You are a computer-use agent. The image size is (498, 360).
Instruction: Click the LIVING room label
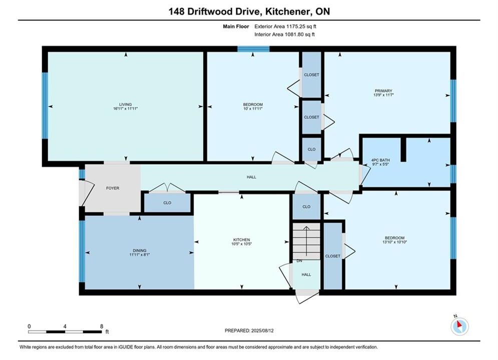(x=125, y=104)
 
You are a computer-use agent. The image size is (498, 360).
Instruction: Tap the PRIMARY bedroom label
(x=383, y=90)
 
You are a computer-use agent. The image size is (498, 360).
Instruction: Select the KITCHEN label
(x=242, y=240)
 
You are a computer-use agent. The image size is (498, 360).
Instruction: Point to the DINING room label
(x=140, y=250)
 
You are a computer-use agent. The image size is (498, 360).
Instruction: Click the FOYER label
(x=113, y=188)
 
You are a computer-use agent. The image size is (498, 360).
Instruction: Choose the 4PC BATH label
(x=380, y=160)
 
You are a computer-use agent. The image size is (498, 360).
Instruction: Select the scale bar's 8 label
(x=102, y=326)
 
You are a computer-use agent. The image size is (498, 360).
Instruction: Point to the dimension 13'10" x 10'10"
(x=395, y=242)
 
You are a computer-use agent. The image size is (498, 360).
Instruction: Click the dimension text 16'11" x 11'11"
(x=125, y=108)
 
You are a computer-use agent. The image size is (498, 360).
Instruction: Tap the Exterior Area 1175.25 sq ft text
(x=285, y=26)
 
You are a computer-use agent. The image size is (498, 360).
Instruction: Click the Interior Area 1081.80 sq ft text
(x=285, y=34)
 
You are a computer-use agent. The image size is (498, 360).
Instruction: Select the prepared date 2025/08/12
(x=262, y=330)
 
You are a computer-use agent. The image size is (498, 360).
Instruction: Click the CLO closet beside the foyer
(x=167, y=202)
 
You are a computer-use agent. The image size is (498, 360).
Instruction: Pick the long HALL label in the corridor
(x=251, y=177)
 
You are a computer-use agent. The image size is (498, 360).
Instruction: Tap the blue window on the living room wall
(x=45, y=105)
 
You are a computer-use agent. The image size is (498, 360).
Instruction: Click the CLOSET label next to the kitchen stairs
(x=332, y=256)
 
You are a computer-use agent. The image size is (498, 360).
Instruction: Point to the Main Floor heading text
(x=236, y=26)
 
